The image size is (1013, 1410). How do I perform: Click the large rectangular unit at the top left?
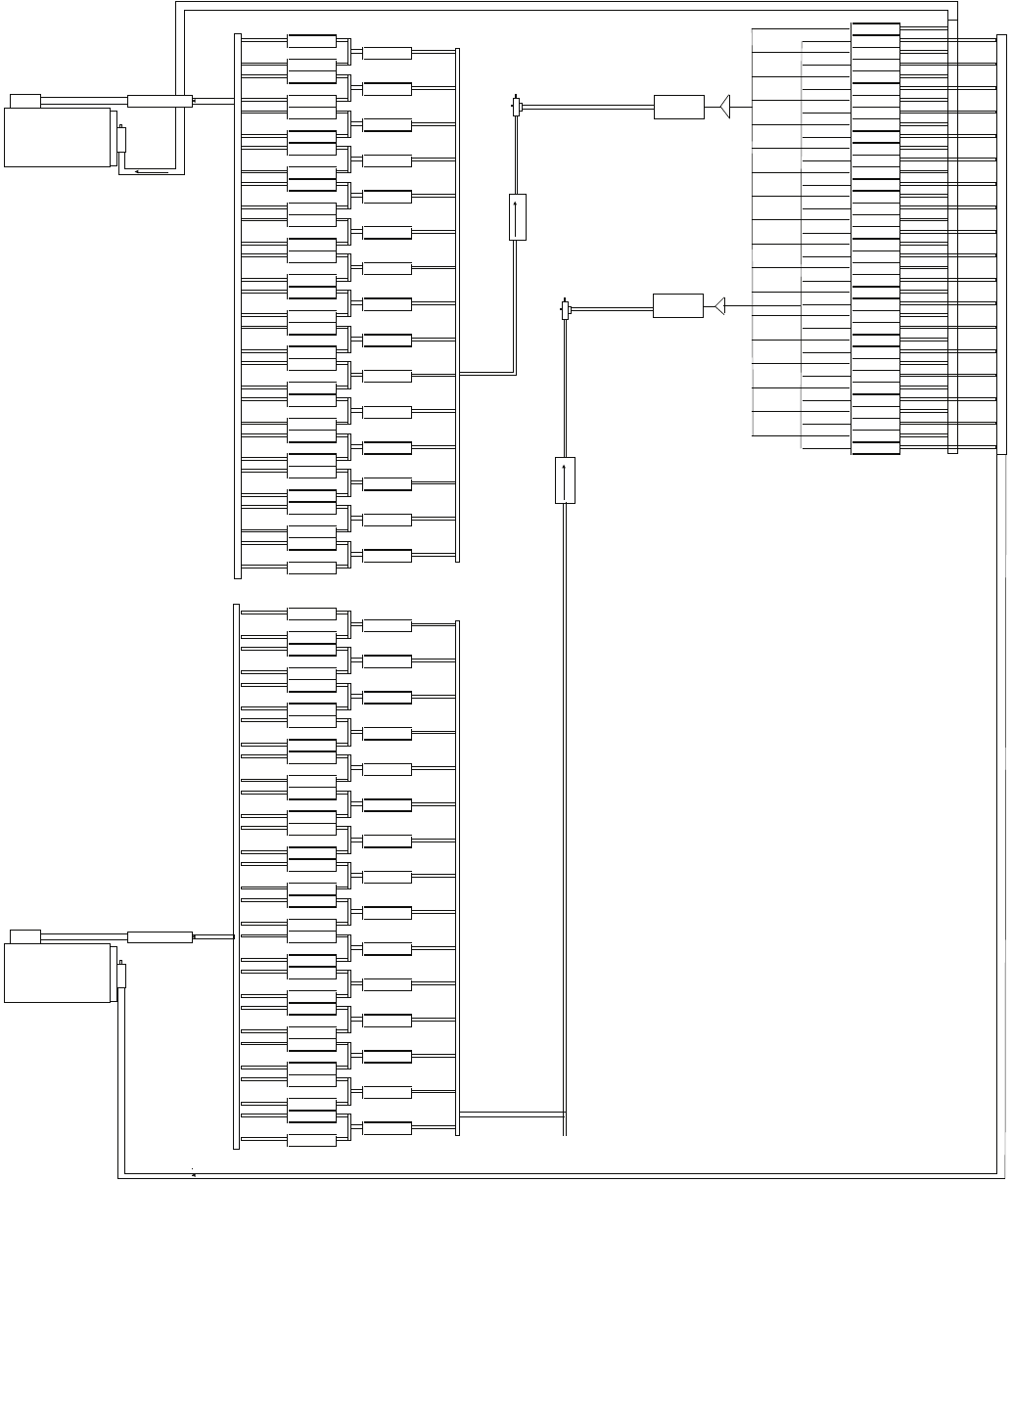pos(58,137)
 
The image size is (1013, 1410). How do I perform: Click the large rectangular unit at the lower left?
pos(58,973)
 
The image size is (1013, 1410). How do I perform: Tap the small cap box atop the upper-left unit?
pos(25,101)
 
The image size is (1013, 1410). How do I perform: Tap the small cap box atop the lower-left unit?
pos(25,936)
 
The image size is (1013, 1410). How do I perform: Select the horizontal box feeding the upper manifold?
pos(159,101)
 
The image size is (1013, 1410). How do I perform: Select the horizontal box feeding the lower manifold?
pos(159,937)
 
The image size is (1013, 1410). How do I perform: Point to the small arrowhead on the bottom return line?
pos(194,1174)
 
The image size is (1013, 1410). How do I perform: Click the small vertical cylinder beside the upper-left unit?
pos(121,139)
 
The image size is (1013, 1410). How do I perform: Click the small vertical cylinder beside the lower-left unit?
pos(121,975)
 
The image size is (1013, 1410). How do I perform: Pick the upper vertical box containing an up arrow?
pos(518,216)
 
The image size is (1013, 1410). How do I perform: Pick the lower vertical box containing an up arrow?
pos(565,479)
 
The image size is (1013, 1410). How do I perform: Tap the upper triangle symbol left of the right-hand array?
pos(725,107)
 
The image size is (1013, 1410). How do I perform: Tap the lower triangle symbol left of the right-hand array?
pos(719,306)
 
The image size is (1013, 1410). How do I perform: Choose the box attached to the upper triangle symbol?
pos(678,107)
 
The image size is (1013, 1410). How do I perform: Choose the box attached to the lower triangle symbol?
pos(677,305)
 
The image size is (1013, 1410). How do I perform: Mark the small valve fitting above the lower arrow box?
pos(565,310)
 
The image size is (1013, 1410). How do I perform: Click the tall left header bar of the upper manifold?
pos(237,305)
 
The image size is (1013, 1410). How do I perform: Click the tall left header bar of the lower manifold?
pos(236,876)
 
